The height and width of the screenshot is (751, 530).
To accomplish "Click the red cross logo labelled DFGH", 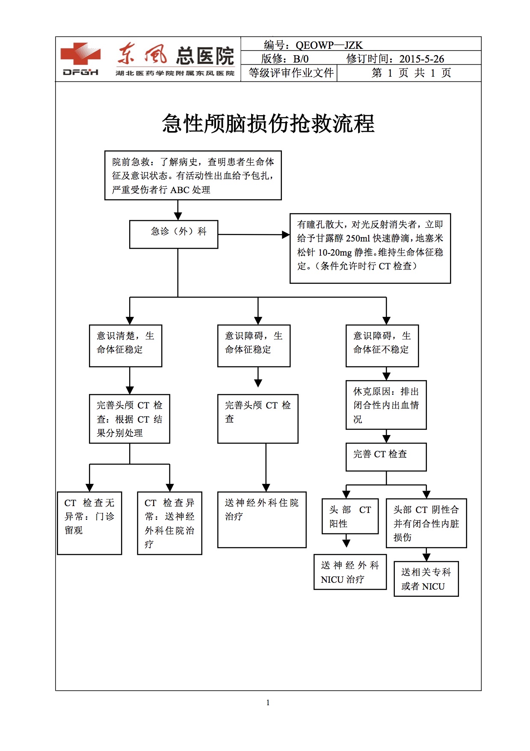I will tap(80, 59).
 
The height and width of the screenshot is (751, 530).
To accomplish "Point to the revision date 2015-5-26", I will tap(421, 59).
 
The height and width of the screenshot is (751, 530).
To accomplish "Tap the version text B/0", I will tap(301, 59).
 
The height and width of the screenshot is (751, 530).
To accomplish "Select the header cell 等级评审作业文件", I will tap(291, 73).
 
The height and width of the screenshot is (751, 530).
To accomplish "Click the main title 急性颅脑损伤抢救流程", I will tap(268, 124).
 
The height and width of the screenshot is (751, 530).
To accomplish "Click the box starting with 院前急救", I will tap(193, 176).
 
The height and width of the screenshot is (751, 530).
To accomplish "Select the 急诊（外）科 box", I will tap(174, 234).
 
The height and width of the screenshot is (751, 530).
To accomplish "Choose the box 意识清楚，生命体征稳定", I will tap(125, 346).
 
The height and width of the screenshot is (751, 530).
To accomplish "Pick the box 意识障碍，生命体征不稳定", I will tap(382, 346).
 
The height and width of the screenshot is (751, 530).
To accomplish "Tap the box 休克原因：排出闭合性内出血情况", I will tap(386, 405).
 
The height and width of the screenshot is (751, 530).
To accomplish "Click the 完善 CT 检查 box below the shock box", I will tap(386, 457).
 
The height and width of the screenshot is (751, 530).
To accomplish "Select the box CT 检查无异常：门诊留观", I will tap(89, 523).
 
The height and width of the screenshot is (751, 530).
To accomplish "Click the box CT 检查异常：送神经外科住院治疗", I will tap(169, 523).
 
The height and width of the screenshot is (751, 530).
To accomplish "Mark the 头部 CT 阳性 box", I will tap(350, 516).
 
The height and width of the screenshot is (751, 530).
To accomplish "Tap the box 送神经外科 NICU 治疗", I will tap(350, 572).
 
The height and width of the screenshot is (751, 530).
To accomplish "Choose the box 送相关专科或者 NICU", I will tap(426, 579).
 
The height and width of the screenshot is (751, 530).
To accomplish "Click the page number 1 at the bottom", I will tap(268, 702).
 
